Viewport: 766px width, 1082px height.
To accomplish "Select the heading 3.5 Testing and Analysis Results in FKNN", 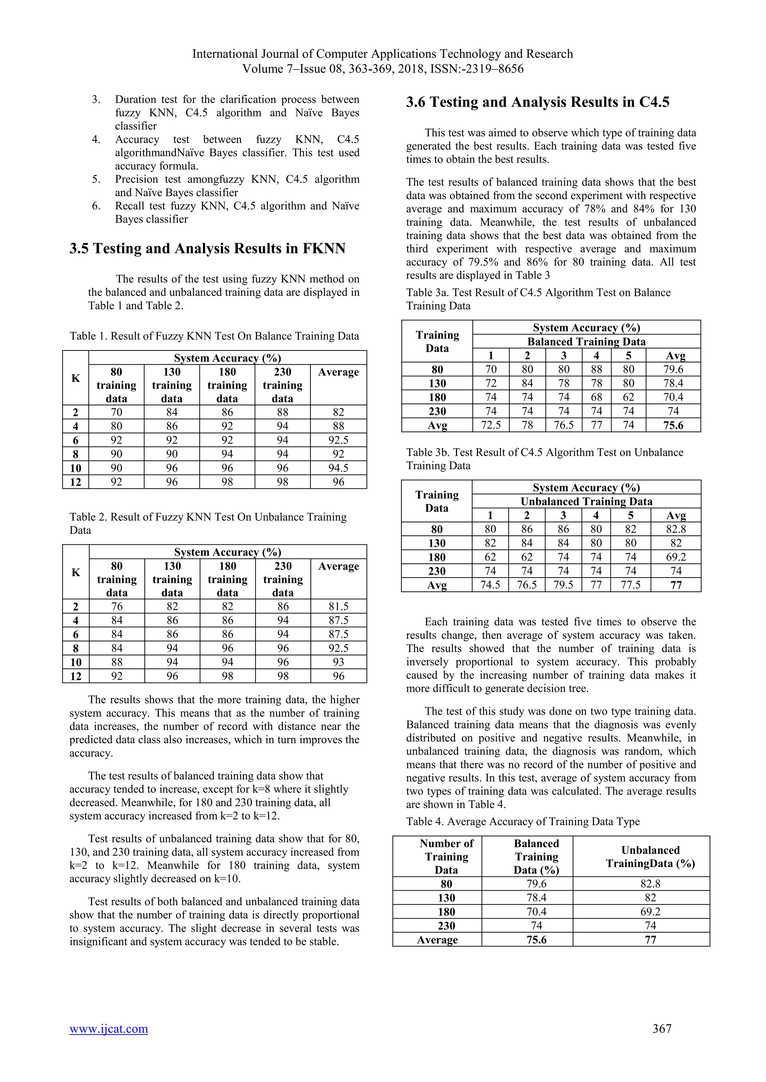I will [x=208, y=248].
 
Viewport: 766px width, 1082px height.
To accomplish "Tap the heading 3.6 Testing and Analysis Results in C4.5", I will [x=538, y=102].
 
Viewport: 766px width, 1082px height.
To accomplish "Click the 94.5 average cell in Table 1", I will [x=338, y=468].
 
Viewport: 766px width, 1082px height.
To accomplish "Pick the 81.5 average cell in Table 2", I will [x=338, y=606].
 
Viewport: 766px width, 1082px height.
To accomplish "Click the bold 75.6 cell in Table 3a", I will [x=673, y=425].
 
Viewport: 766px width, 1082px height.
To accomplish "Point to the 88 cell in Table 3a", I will [x=596, y=370].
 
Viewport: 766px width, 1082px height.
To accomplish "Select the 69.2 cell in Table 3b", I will [x=675, y=557].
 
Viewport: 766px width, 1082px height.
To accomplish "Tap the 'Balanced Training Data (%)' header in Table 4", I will [x=536, y=857].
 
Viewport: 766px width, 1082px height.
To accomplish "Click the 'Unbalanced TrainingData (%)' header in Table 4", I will [x=650, y=857].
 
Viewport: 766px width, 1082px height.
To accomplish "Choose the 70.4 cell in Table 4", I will [x=536, y=912].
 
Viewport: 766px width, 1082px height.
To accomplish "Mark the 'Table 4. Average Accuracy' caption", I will [x=523, y=821].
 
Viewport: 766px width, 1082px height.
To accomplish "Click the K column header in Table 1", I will [x=76, y=378].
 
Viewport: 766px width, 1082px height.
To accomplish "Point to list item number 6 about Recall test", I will [x=236, y=213].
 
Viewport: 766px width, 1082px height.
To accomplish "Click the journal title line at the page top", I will [x=383, y=54].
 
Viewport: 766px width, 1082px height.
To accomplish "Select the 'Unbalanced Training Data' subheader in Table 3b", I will [x=586, y=501].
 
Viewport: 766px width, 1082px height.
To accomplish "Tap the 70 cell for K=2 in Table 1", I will [x=116, y=412].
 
